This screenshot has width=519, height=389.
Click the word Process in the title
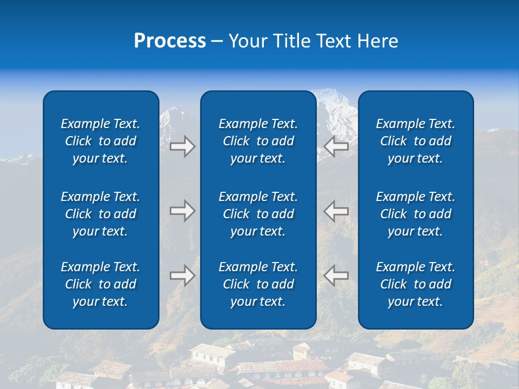170,41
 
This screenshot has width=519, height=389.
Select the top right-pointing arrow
182,146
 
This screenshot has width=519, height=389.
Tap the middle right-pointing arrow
182,211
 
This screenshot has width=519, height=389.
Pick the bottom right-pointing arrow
182,276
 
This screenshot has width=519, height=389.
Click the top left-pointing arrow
336,146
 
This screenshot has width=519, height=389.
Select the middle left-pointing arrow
336,211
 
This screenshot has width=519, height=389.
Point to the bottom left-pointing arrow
336,276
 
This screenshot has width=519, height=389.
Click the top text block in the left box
101,141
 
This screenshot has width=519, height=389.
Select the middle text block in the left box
101,214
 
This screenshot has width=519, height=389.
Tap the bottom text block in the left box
101,284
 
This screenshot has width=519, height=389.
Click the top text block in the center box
258,141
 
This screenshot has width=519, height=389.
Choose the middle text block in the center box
258,214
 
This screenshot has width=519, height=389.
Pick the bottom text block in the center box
258,284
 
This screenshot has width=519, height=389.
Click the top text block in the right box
416,141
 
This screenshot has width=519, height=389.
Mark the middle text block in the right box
416,214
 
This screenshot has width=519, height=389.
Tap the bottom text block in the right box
416,284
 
